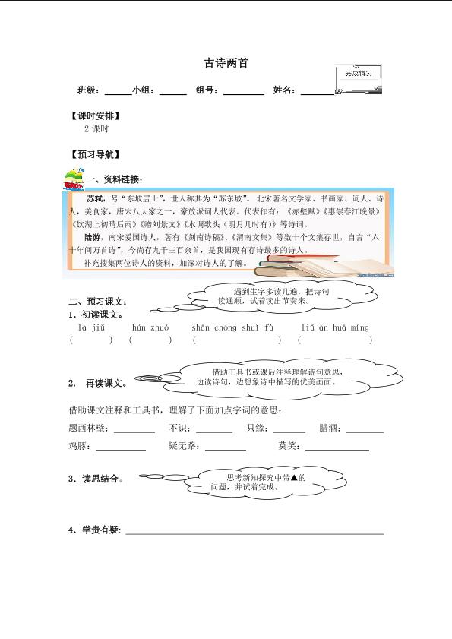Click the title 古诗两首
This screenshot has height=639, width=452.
tap(226, 64)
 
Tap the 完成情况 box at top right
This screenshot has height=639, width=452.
tap(358, 74)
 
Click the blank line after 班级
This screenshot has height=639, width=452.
tap(118, 92)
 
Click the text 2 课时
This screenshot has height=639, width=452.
tap(96, 129)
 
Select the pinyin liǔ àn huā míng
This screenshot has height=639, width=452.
tap(334, 327)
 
